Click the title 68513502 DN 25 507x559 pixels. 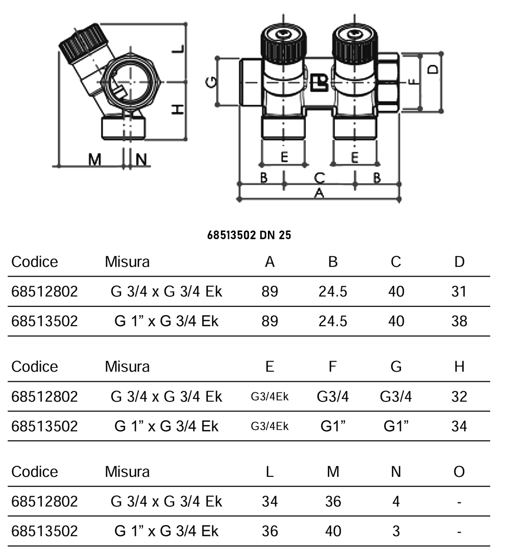[249, 236]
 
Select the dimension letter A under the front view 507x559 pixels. [318, 193]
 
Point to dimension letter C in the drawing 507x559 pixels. [319, 178]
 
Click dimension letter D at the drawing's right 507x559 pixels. [433, 69]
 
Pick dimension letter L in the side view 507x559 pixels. [178, 49]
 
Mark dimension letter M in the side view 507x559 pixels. [95, 159]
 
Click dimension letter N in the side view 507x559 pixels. [141, 159]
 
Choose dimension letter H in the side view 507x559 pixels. [178, 110]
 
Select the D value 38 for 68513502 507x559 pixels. [459, 321]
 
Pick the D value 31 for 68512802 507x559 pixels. [459, 292]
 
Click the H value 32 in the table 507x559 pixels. [459, 396]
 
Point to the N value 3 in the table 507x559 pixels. [396, 531]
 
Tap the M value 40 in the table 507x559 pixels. [333, 531]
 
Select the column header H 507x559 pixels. [459, 367]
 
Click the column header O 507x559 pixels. [459, 472]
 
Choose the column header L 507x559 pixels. [270, 472]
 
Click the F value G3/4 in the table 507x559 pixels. [333, 396]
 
